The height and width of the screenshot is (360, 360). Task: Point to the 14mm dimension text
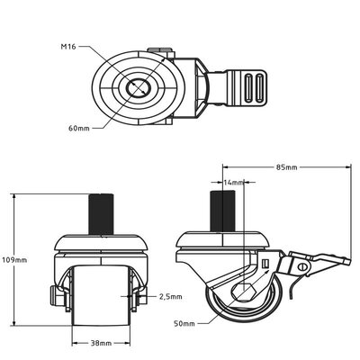click(x=233, y=183)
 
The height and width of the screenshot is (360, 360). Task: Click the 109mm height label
click(x=15, y=259)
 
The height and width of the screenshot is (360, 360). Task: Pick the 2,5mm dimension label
click(x=170, y=295)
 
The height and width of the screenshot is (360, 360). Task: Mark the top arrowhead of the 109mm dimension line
click(x=15, y=196)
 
